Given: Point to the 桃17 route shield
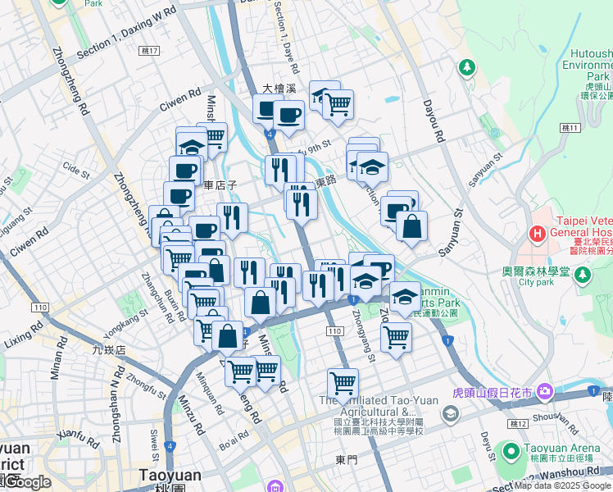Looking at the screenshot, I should [x=149, y=51].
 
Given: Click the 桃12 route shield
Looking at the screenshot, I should [x=516, y=424].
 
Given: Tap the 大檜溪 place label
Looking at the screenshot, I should [x=278, y=88].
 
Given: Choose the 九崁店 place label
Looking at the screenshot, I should [x=108, y=350].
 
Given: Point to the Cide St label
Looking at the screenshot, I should [x=75, y=172].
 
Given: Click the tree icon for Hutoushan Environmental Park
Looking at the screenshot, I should [x=465, y=66].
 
